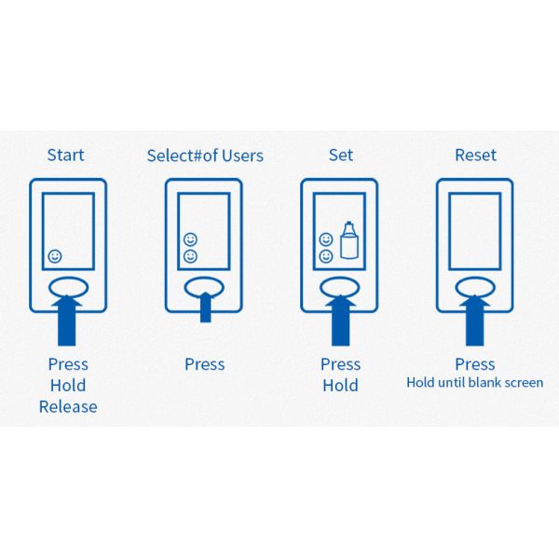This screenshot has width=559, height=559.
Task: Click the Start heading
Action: (66, 155)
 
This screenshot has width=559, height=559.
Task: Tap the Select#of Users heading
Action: (205, 156)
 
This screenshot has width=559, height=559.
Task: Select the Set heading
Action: (341, 155)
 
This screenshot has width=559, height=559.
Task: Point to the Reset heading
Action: (475, 155)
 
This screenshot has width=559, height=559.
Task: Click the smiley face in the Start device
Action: (55, 256)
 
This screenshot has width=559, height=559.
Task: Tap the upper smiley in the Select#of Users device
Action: (190, 239)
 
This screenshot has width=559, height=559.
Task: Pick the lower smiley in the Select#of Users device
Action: (190, 256)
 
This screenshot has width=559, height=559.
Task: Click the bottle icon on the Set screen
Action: (349, 240)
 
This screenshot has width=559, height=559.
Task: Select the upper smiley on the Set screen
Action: (326, 239)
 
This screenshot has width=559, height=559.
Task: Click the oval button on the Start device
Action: (68, 287)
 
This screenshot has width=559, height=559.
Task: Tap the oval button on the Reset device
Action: (475, 287)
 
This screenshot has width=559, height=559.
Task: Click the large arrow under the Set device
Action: (340, 320)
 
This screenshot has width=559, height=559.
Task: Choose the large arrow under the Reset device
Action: (475, 320)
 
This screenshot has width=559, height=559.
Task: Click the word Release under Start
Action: (68, 407)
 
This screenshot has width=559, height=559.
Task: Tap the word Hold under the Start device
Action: (68, 386)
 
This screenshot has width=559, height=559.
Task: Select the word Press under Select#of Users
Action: (205, 364)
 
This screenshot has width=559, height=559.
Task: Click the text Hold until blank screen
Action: (475, 383)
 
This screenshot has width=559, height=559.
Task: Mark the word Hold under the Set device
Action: (340, 386)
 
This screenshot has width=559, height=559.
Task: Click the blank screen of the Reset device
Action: (475, 231)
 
